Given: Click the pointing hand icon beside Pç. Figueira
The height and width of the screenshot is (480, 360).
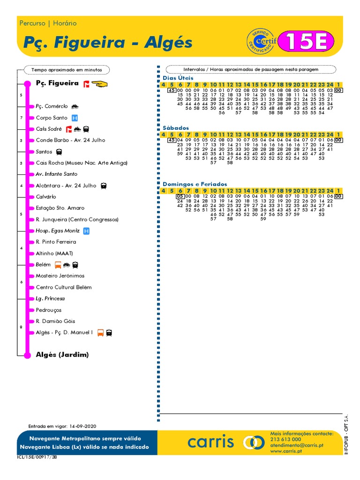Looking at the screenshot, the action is coord(99,83).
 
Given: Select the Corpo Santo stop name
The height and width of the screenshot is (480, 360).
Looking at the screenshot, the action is coord(52,118).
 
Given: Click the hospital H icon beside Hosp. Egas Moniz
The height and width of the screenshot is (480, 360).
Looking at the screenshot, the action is coord(86,231).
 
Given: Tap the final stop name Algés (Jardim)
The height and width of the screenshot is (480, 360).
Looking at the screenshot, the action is coord(62,355).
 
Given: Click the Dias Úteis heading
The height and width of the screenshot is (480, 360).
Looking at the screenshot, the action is coord(178,78).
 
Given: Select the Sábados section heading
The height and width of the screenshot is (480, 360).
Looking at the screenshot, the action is coord(176,127).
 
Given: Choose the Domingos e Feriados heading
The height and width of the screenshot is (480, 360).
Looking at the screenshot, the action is coord(195,184).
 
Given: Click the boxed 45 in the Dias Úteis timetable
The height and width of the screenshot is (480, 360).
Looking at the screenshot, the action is coord(172,90).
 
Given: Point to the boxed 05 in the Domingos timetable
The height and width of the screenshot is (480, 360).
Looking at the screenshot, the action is coord(180,196).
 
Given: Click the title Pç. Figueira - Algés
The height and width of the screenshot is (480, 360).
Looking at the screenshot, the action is coord(107,42).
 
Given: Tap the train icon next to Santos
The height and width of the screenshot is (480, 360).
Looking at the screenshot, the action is coord(59,152).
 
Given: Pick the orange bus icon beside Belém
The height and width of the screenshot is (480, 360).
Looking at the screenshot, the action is coord(58,265).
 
